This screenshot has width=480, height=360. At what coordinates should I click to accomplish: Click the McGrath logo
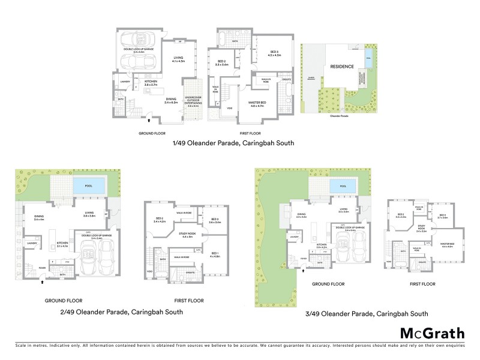click(432, 334)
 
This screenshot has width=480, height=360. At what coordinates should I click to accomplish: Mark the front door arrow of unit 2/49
click(43, 279)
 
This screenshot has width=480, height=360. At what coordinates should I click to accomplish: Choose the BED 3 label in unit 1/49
click(274, 53)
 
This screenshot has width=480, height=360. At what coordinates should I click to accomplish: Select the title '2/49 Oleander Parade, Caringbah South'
click(122, 312)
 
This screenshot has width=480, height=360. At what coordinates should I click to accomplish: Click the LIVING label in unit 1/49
click(179, 59)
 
